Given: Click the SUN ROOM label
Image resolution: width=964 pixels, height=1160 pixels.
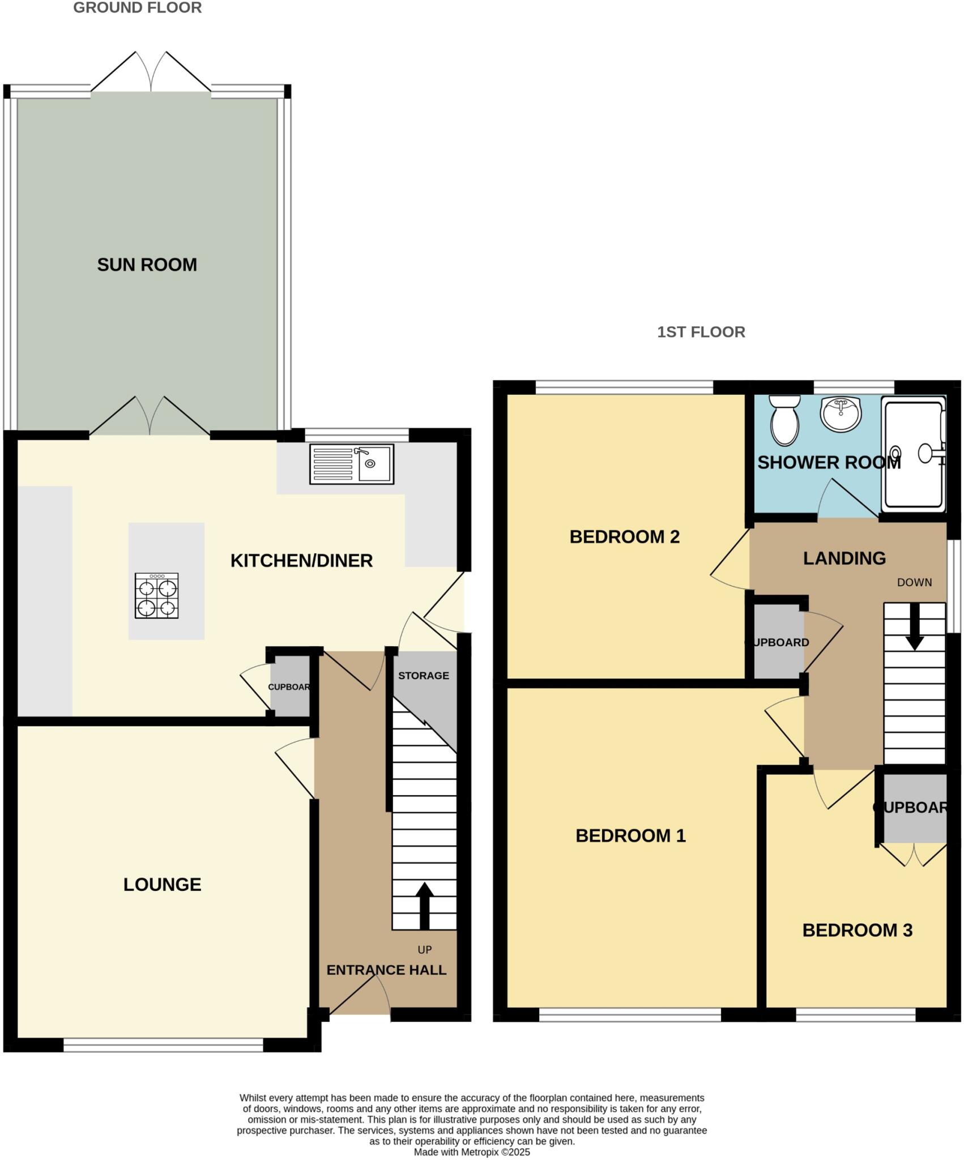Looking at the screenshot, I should tap(147, 265).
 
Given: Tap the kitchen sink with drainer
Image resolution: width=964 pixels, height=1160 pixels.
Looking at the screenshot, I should tap(351, 464).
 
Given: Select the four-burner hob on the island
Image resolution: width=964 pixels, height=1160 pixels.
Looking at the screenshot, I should tap(156, 595).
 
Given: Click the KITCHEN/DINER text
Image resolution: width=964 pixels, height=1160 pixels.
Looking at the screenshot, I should tap(301, 561).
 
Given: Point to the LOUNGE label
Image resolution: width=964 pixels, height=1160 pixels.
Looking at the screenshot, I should tap(162, 884).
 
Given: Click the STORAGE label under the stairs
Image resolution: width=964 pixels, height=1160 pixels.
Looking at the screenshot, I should tap(423, 675).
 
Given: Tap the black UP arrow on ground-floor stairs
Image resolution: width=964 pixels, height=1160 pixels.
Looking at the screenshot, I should tap(424, 906).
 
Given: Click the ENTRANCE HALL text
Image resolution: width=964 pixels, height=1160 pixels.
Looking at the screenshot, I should tap(386, 970).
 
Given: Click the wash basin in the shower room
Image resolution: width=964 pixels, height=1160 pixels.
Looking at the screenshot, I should tap(841, 413).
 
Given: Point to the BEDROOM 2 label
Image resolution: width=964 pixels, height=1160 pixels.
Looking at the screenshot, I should tap(624, 536).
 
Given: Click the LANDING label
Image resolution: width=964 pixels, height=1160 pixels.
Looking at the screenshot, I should tap(844, 558).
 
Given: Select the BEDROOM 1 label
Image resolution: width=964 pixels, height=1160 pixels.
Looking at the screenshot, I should tap(630, 835).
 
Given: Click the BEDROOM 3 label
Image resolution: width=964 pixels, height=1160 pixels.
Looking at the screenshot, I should tap(857, 930).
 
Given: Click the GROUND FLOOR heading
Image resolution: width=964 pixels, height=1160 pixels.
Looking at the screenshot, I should tap(137, 8).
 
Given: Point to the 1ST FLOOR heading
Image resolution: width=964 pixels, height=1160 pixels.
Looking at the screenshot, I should tap(701, 332).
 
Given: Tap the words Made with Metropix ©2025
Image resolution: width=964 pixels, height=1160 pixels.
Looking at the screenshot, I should tap(472, 1152).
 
